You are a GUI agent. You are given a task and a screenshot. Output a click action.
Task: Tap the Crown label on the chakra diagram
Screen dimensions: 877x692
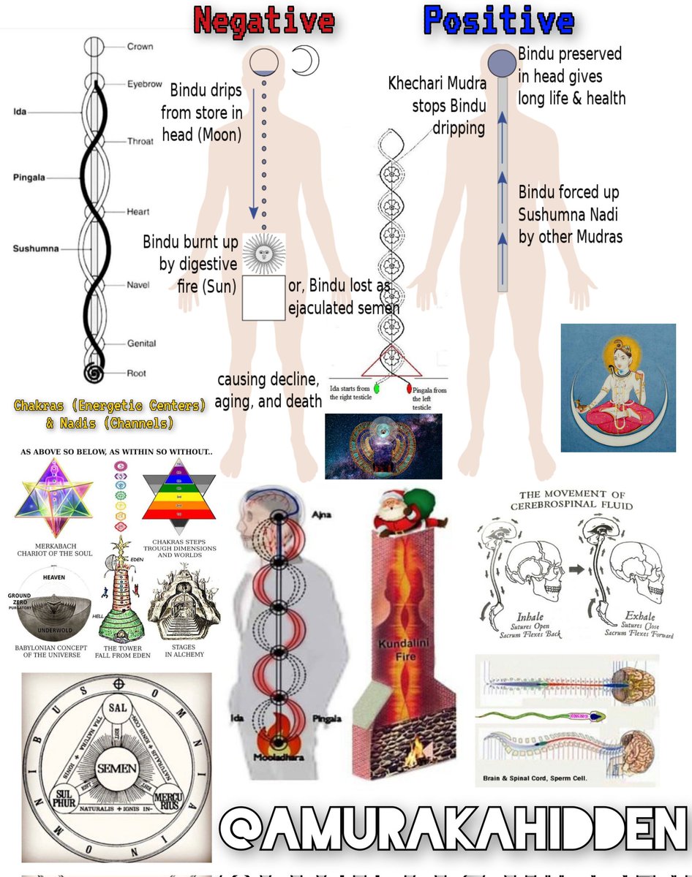140,47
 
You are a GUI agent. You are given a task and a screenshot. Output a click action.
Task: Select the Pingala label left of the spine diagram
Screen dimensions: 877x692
30,178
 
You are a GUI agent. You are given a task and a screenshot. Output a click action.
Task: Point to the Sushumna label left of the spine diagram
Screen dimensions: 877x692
35,248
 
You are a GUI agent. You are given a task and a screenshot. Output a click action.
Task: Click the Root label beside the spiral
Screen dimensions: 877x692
137,373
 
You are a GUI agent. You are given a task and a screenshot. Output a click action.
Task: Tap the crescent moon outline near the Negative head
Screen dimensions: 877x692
306,61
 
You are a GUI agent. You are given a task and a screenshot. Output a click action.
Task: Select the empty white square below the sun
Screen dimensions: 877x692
263,298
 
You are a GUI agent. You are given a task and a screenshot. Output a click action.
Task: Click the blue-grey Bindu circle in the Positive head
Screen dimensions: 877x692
503,61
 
